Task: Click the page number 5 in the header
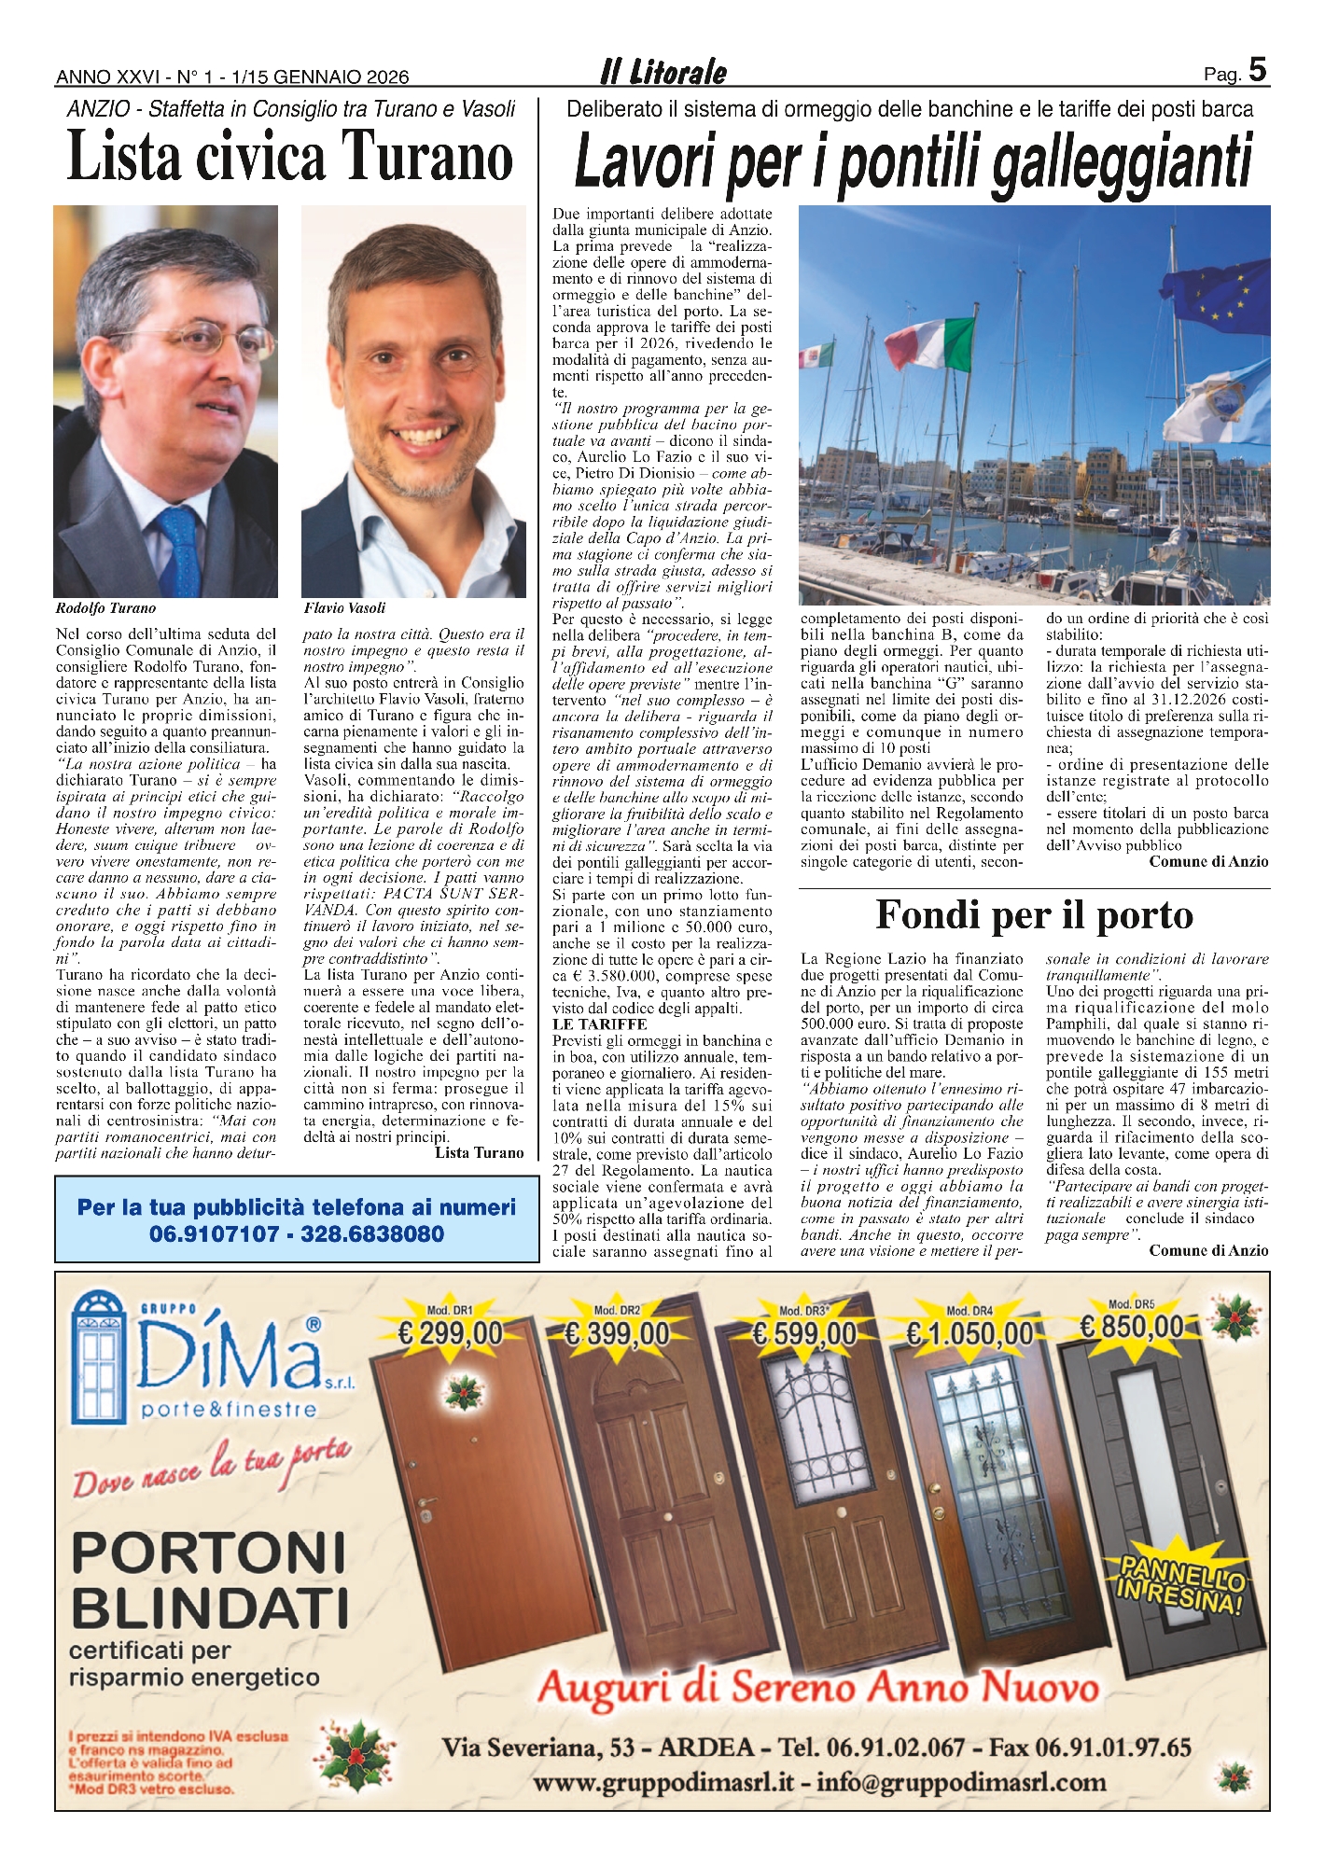tap(1258, 71)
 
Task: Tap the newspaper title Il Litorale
tap(663, 73)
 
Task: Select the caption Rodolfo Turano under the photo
tap(105, 608)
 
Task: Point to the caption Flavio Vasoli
tap(344, 608)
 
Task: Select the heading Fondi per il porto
tap(1034, 915)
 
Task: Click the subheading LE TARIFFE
tap(587, 1024)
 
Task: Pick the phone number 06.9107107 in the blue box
tap(214, 1234)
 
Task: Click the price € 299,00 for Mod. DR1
tap(450, 1334)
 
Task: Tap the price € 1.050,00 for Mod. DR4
tap(969, 1334)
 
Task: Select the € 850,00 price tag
tap(1132, 1327)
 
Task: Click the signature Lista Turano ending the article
tap(479, 1153)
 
